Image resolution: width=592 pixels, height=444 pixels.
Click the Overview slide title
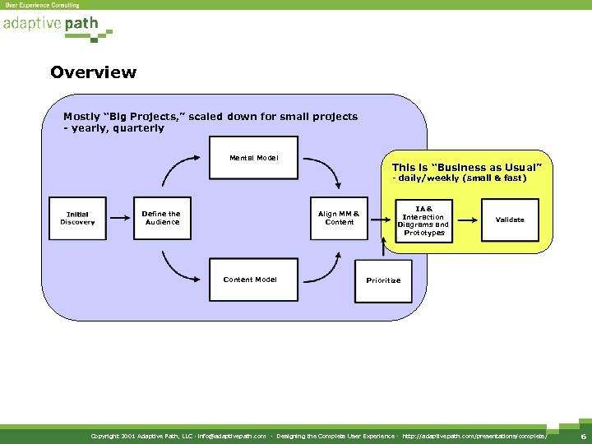pos(93,72)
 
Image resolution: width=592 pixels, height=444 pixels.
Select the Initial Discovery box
pos(77,218)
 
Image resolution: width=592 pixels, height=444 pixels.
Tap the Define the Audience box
pos(162,218)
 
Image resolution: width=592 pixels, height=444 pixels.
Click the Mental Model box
pos(253,157)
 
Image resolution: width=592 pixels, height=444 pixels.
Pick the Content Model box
pos(250,280)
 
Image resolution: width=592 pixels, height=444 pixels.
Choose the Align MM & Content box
pos(340,218)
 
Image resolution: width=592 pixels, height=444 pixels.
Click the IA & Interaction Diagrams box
pos(423,220)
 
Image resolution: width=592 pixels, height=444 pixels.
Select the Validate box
pos(510,220)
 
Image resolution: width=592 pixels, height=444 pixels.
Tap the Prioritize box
pos(383,280)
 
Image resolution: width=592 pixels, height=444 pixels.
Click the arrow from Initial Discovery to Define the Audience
pos(120,219)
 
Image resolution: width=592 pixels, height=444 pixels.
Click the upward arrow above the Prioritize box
pos(383,245)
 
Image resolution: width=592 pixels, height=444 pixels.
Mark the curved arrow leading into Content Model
pos(178,266)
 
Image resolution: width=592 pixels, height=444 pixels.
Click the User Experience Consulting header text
pos(43,5)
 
